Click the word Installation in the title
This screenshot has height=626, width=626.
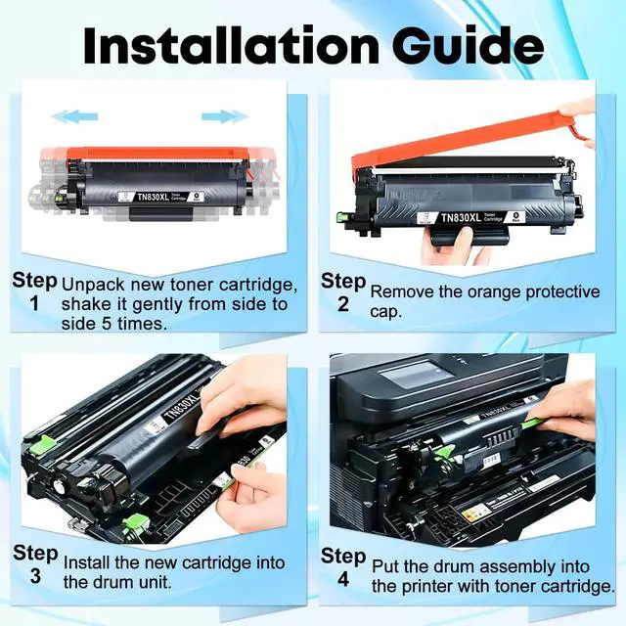tap(231, 46)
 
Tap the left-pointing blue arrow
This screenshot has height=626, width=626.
tap(74, 116)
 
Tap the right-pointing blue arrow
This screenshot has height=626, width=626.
tap(225, 116)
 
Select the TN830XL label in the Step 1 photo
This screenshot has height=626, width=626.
tap(153, 197)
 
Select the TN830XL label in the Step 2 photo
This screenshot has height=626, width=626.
tap(461, 217)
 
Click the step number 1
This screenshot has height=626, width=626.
tap(35, 304)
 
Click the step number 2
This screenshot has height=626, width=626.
tap(343, 304)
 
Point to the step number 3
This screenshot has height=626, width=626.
tap(35, 576)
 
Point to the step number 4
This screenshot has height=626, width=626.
tap(343, 579)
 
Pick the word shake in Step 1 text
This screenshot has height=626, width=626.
tap(85, 304)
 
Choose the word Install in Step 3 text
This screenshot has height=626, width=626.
tap(86, 562)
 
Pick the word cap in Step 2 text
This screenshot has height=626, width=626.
tap(385, 312)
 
